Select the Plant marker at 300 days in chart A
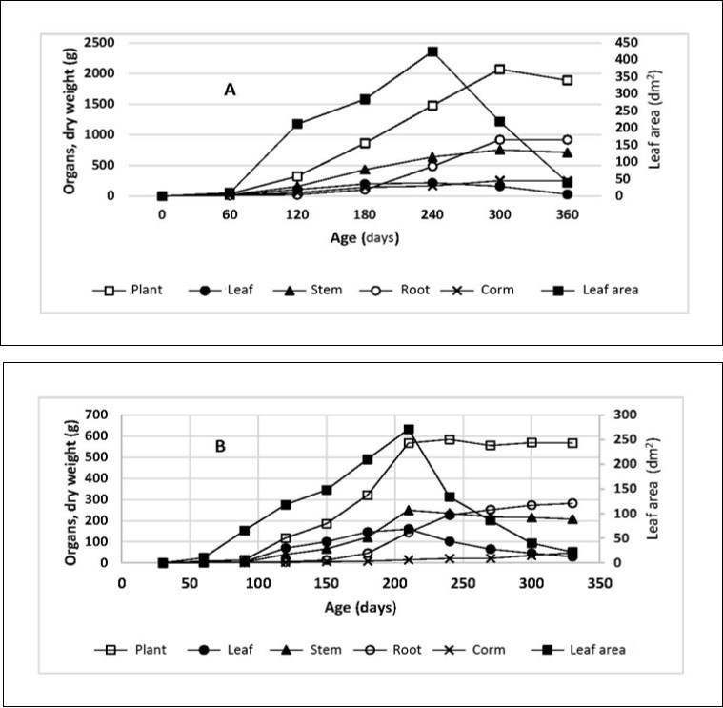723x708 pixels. tap(499, 70)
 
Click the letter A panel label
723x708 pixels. tap(230, 90)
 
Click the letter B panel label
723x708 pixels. tap(220, 445)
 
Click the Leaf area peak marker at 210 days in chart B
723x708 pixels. tap(409, 430)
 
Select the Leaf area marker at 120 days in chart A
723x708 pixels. tap(297, 124)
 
